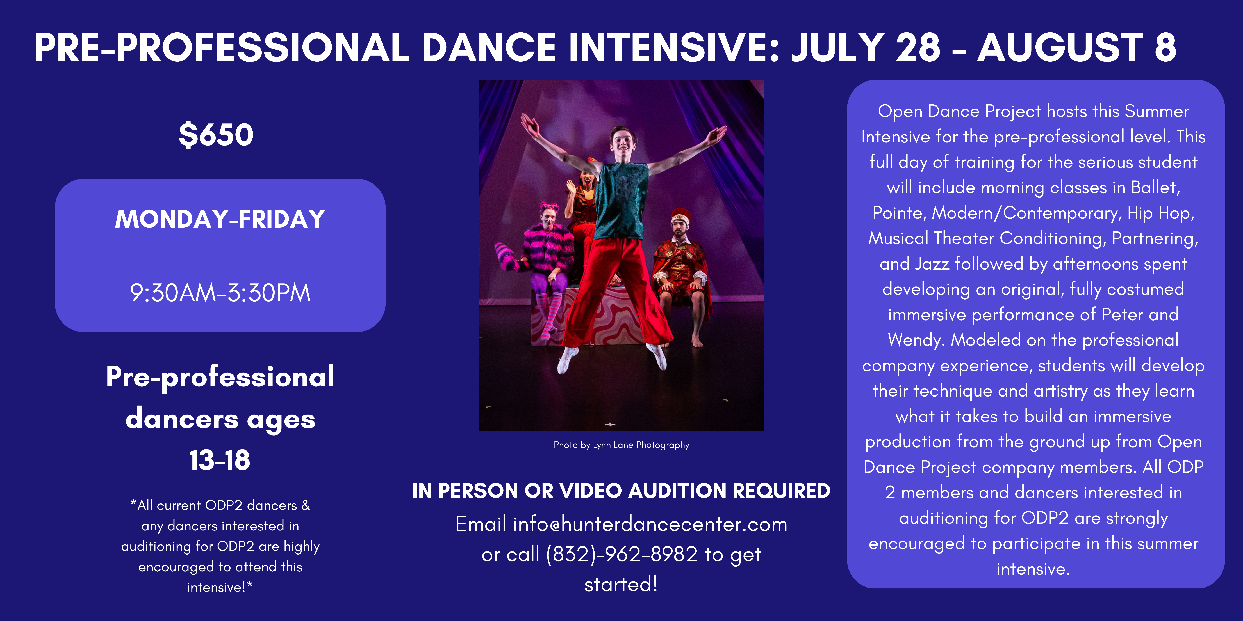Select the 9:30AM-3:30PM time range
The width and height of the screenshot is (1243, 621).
(220, 293)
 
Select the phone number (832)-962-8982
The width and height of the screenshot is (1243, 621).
(622, 555)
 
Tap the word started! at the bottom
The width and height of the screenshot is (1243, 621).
(621, 584)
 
